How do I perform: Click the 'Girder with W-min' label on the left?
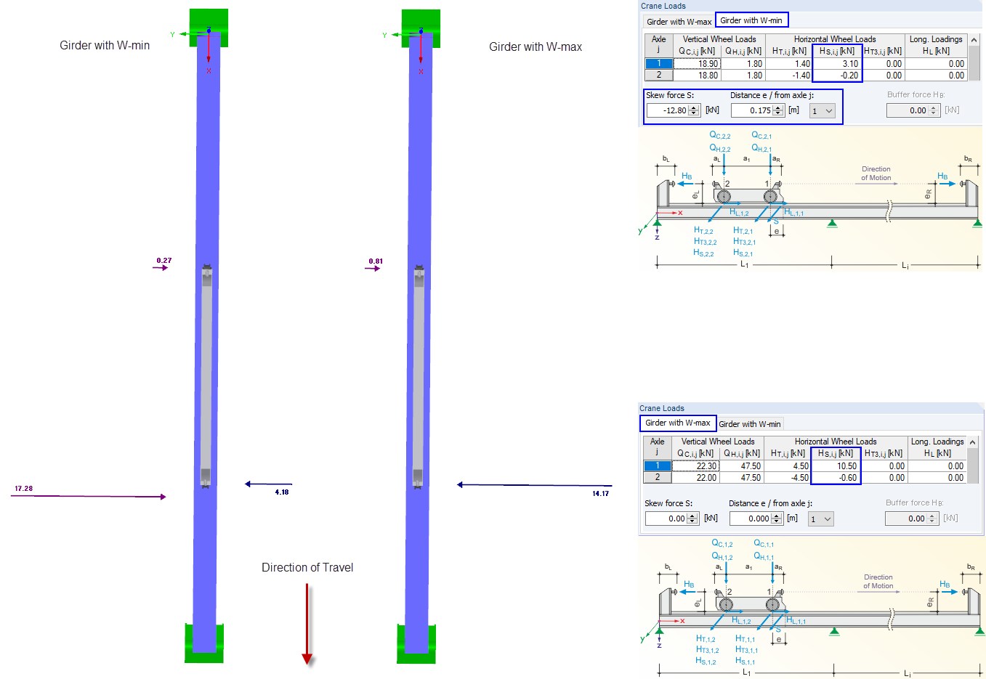(x=105, y=45)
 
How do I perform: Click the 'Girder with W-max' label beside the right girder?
(x=535, y=46)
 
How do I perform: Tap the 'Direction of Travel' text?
(x=307, y=567)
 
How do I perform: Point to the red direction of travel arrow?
(x=307, y=625)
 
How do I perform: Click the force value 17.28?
(x=23, y=489)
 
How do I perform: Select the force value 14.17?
(x=600, y=494)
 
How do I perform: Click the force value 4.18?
(x=282, y=492)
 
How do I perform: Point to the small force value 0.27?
(x=164, y=260)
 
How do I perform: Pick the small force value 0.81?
(x=376, y=261)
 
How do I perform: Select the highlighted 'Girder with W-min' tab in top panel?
(x=751, y=20)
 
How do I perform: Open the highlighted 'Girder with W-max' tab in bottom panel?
(x=677, y=423)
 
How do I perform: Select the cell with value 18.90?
(x=698, y=64)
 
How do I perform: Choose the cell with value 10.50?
(x=836, y=466)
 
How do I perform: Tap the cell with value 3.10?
(x=838, y=64)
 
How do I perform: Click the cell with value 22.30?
(x=696, y=466)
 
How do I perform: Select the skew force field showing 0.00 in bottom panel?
(x=667, y=519)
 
